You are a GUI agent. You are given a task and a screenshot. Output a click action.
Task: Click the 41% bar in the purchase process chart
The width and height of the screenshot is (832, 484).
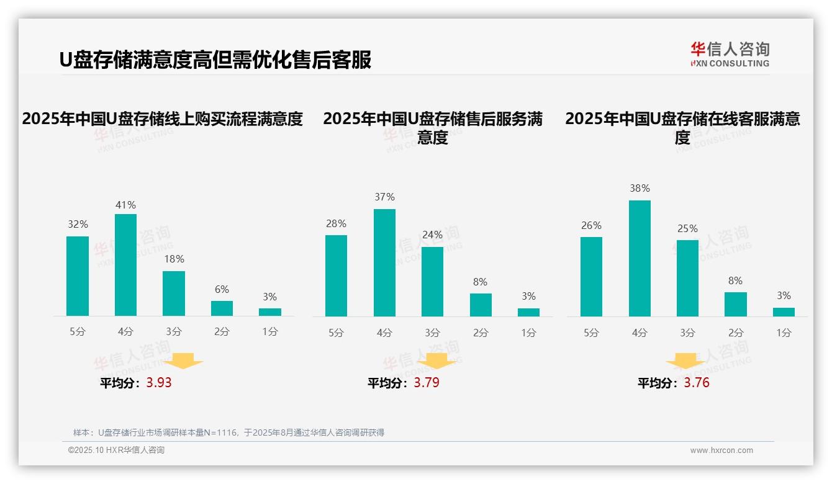(125, 265)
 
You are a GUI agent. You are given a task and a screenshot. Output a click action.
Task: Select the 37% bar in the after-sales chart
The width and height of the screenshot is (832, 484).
(384, 262)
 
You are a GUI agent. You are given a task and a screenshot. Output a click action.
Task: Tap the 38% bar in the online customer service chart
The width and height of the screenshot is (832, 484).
(640, 258)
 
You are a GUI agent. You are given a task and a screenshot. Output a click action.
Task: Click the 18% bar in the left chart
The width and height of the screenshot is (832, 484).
(174, 294)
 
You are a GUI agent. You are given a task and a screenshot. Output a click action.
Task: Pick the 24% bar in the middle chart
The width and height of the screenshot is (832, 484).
(432, 282)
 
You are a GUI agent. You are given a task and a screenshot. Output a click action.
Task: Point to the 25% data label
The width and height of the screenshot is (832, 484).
(687, 228)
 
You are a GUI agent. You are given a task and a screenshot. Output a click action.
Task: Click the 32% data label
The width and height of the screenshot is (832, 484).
(78, 224)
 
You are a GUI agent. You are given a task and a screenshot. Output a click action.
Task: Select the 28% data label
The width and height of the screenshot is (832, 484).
(336, 223)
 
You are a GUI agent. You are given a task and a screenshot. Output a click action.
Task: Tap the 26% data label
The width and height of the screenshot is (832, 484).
(591, 225)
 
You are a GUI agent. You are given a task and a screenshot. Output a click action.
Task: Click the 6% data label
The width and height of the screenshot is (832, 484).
(222, 289)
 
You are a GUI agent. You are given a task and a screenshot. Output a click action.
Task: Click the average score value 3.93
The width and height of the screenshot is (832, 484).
(159, 383)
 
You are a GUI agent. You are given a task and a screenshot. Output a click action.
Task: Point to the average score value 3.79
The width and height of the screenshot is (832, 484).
(427, 383)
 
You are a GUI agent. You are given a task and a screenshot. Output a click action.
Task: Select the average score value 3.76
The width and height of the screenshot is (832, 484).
(697, 383)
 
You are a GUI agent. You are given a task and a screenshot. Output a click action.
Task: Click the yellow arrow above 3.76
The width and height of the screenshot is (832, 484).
(685, 362)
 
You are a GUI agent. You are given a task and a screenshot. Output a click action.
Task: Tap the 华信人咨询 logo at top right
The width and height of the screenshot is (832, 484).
(730, 54)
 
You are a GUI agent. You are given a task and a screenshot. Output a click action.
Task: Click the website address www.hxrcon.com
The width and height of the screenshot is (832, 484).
(721, 450)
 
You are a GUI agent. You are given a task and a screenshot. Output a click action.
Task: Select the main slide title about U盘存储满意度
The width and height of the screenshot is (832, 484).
(215, 60)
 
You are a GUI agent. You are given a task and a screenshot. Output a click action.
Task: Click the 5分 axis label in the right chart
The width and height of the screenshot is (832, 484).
(591, 333)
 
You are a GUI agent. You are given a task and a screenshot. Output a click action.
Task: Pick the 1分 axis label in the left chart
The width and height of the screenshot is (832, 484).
(270, 332)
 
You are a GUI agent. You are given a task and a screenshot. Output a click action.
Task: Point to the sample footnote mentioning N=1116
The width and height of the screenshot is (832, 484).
(228, 432)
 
